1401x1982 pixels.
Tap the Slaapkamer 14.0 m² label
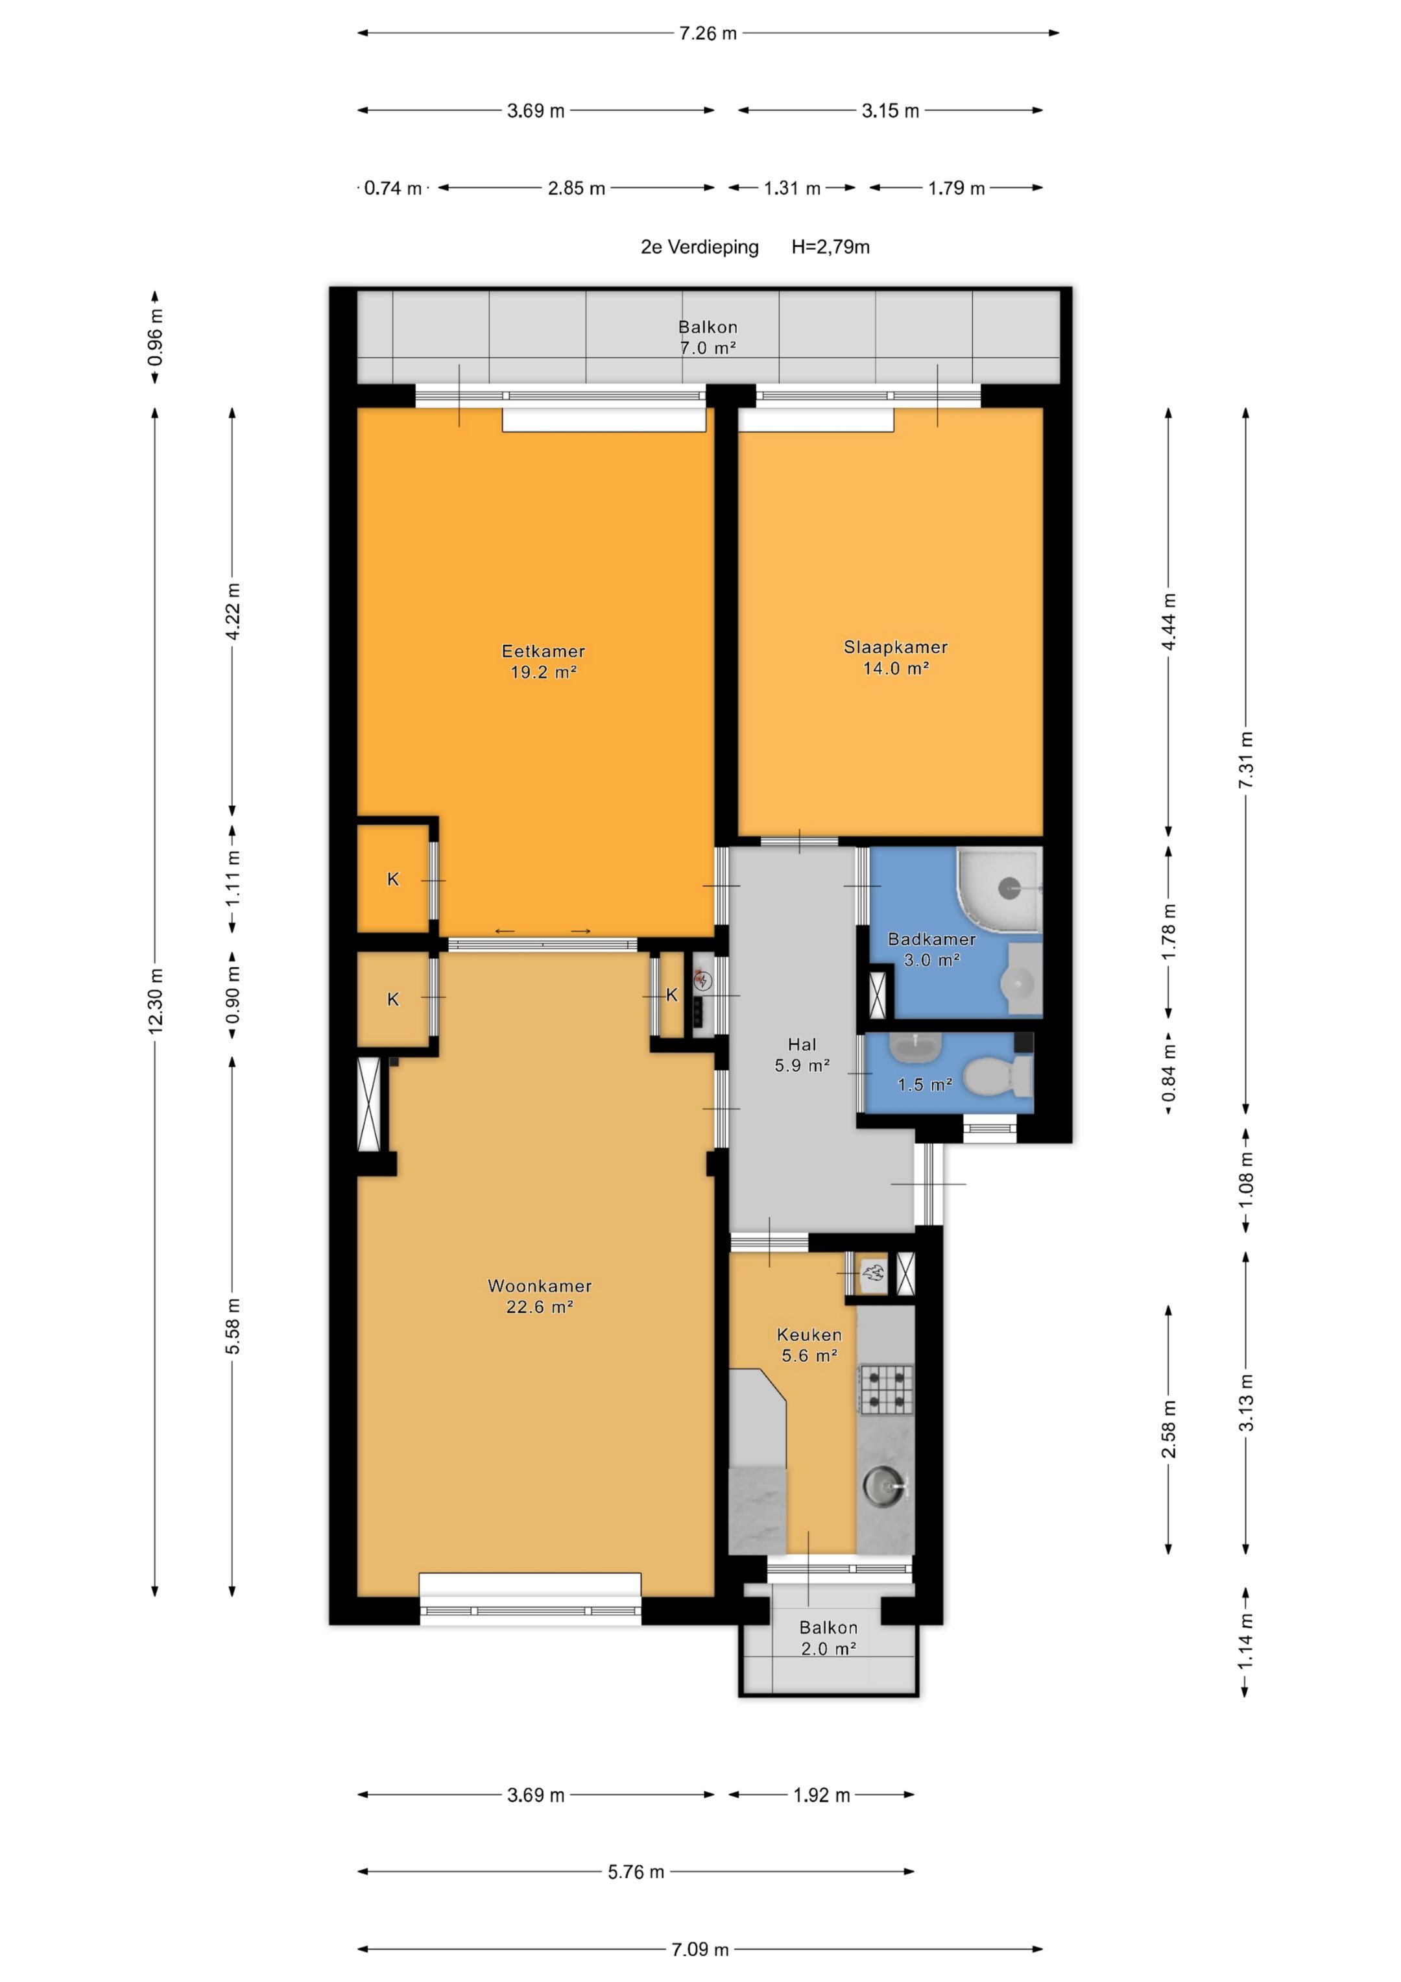click(x=895, y=657)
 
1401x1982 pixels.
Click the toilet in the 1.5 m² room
click(x=998, y=1076)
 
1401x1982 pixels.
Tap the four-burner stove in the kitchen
click(x=885, y=1389)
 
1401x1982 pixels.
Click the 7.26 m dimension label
click(x=708, y=34)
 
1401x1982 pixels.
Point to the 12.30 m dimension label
click(x=156, y=1000)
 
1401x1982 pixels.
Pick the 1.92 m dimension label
click(x=821, y=1795)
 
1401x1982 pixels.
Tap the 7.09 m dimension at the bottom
click(x=700, y=1948)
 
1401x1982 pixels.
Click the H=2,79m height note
click(x=830, y=247)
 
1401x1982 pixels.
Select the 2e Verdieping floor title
click(x=699, y=247)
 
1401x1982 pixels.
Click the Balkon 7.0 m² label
click(x=708, y=337)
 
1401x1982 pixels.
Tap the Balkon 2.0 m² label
click(x=828, y=1638)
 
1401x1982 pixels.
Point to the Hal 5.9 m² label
click(x=802, y=1055)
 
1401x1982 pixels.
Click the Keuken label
click(x=809, y=1335)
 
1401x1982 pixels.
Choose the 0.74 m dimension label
click(x=393, y=188)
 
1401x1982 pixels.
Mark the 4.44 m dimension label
click(x=1169, y=622)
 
